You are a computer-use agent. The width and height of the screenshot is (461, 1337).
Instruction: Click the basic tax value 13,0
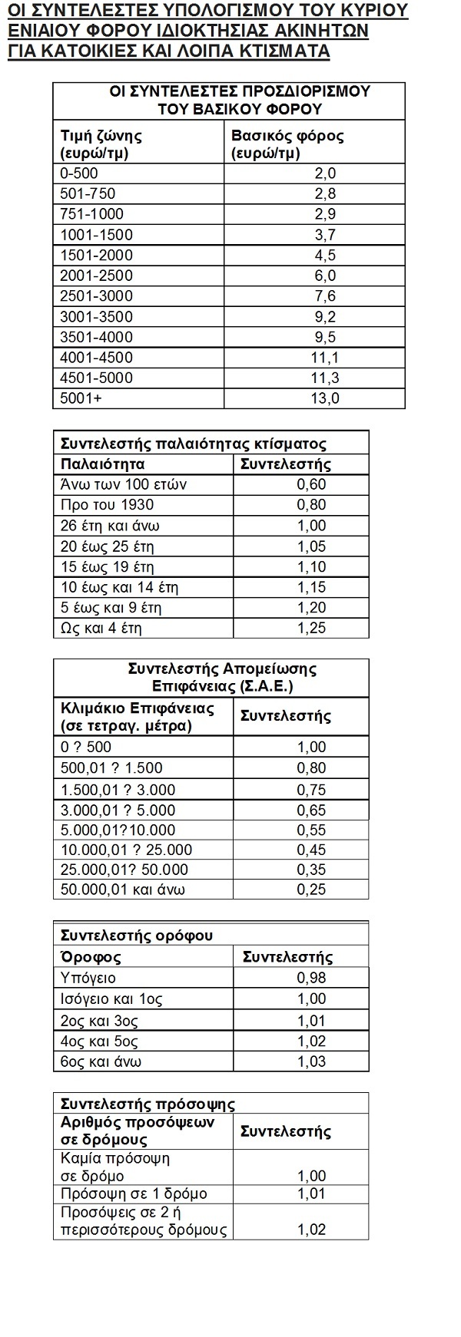pyautogui.click(x=327, y=398)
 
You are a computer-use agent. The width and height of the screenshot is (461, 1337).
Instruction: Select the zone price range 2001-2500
pyautogui.click(x=96, y=276)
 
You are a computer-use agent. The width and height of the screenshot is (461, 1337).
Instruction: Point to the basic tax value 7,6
pyautogui.click(x=326, y=296)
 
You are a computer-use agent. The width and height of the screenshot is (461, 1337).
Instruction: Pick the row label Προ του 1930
pyautogui.click(x=106, y=505)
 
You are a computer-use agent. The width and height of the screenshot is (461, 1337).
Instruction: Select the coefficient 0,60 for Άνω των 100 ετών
pyautogui.click(x=311, y=484)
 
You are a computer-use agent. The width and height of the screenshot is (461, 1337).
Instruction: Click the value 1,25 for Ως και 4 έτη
pyautogui.click(x=311, y=628)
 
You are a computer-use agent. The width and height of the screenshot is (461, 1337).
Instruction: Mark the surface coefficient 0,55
pyautogui.click(x=311, y=830)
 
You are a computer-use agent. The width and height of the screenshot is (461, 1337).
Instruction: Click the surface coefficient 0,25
pyautogui.click(x=311, y=890)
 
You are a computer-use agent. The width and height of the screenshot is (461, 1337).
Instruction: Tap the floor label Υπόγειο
pyautogui.click(x=88, y=978)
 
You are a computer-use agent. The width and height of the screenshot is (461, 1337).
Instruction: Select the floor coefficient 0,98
pyautogui.click(x=311, y=978)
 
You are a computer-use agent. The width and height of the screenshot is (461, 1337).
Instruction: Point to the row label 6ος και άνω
pyautogui.click(x=101, y=1061)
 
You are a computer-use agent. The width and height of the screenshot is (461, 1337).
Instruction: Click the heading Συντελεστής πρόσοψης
pyautogui.click(x=148, y=1104)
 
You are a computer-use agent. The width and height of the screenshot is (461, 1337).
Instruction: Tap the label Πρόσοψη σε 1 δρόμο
pyautogui.click(x=123, y=1194)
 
